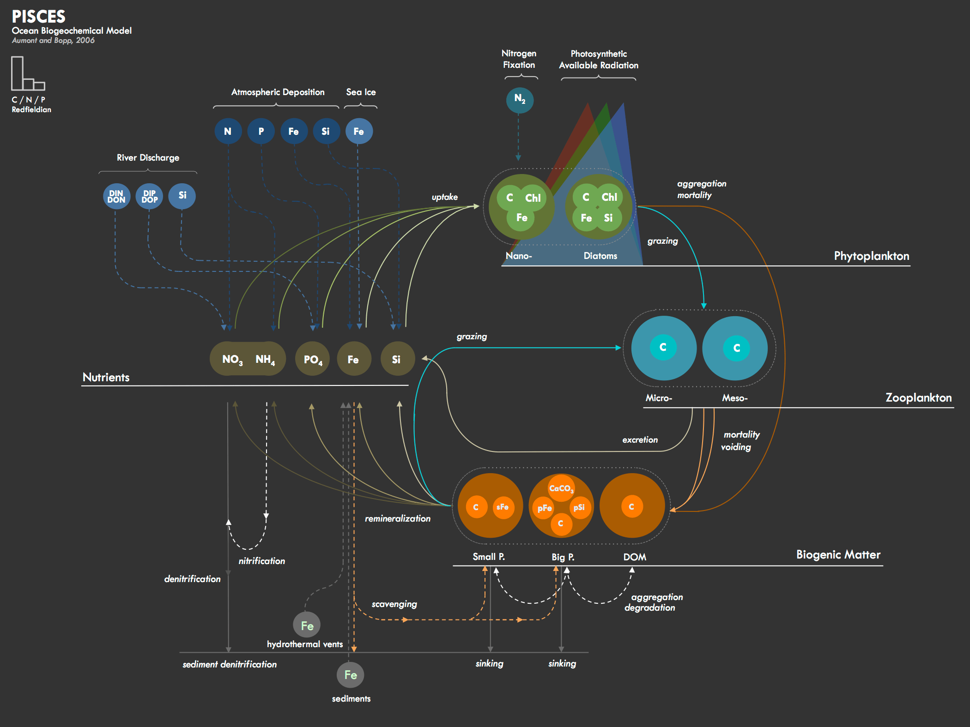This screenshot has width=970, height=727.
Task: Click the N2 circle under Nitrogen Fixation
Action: (x=520, y=100)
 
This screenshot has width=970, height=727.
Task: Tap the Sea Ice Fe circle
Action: (x=359, y=131)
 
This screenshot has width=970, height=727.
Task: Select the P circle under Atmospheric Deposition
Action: (x=261, y=131)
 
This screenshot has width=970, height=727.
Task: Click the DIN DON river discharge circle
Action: (x=116, y=196)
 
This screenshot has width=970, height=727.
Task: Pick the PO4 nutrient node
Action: (x=313, y=359)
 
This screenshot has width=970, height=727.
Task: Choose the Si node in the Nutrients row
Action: (x=396, y=359)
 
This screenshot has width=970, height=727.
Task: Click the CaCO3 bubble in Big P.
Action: (x=561, y=488)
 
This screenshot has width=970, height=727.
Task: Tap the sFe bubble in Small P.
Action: (x=503, y=507)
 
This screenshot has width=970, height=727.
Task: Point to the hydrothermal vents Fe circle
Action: (x=307, y=625)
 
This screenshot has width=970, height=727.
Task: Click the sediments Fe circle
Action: (x=351, y=675)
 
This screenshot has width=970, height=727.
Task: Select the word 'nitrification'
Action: (x=261, y=561)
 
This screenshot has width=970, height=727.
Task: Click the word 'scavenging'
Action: (x=394, y=604)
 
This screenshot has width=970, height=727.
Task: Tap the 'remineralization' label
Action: (x=397, y=518)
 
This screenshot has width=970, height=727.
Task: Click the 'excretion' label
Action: (x=640, y=440)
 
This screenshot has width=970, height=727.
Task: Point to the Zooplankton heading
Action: (x=918, y=397)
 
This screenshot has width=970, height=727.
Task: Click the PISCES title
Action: (x=39, y=17)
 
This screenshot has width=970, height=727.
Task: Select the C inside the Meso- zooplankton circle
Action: (x=736, y=348)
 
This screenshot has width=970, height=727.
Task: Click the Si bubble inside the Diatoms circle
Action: (x=608, y=218)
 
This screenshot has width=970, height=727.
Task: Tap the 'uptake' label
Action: (x=444, y=197)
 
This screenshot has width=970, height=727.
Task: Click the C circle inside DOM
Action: (x=631, y=507)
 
